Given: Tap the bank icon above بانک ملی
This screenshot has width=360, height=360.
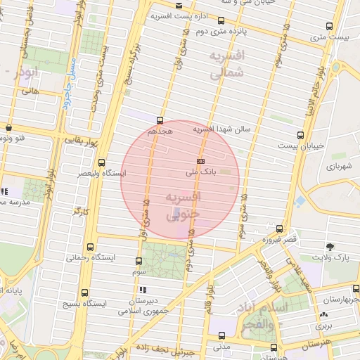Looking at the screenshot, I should click(x=200, y=161).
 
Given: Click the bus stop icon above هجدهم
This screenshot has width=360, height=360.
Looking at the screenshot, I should click(x=160, y=120).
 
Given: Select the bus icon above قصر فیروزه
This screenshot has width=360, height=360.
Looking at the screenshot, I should click(x=280, y=229).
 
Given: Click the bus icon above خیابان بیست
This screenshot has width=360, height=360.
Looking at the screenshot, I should click(x=300, y=134).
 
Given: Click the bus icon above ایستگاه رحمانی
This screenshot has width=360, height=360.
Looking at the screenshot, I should click(x=89, y=247).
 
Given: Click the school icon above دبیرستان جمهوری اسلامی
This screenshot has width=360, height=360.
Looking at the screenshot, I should click(x=143, y=290).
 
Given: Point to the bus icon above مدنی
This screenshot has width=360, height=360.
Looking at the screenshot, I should click(x=221, y=337).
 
